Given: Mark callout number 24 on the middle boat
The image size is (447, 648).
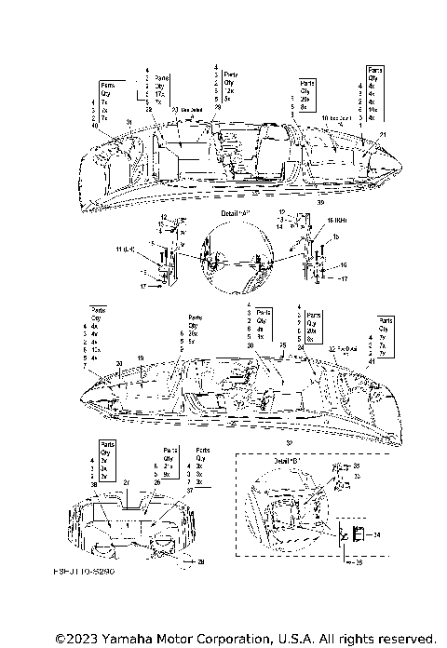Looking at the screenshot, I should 281,344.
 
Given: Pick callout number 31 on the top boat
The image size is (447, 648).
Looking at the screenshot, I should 129,123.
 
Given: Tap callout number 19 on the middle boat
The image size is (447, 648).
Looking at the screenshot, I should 141,358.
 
